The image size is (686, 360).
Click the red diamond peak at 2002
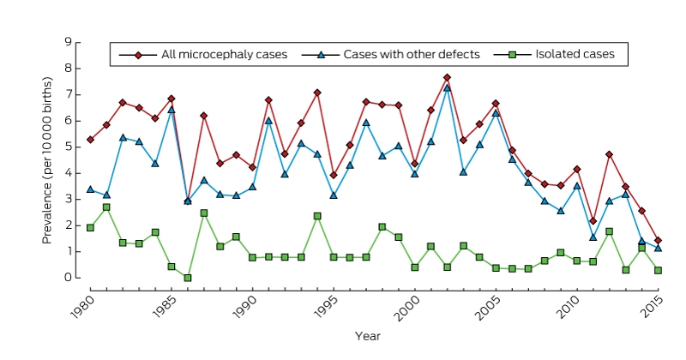(447, 77)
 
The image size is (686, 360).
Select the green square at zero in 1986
(188, 278)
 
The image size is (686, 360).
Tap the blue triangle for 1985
(171, 110)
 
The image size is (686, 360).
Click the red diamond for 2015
(658, 241)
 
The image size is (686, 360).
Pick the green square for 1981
(106, 207)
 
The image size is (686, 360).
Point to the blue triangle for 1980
(90, 189)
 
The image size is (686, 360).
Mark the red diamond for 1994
(317, 93)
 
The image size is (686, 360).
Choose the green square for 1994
(317, 216)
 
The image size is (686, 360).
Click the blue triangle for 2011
(593, 237)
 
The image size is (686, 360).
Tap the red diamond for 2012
(610, 154)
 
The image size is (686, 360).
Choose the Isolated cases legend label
(575, 54)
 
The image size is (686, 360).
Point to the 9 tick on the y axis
(78, 43)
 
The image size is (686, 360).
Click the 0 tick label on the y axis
(68, 278)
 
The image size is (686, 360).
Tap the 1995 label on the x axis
(327, 307)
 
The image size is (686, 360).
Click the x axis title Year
(368, 336)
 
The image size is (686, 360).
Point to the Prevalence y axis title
(47, 160)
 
